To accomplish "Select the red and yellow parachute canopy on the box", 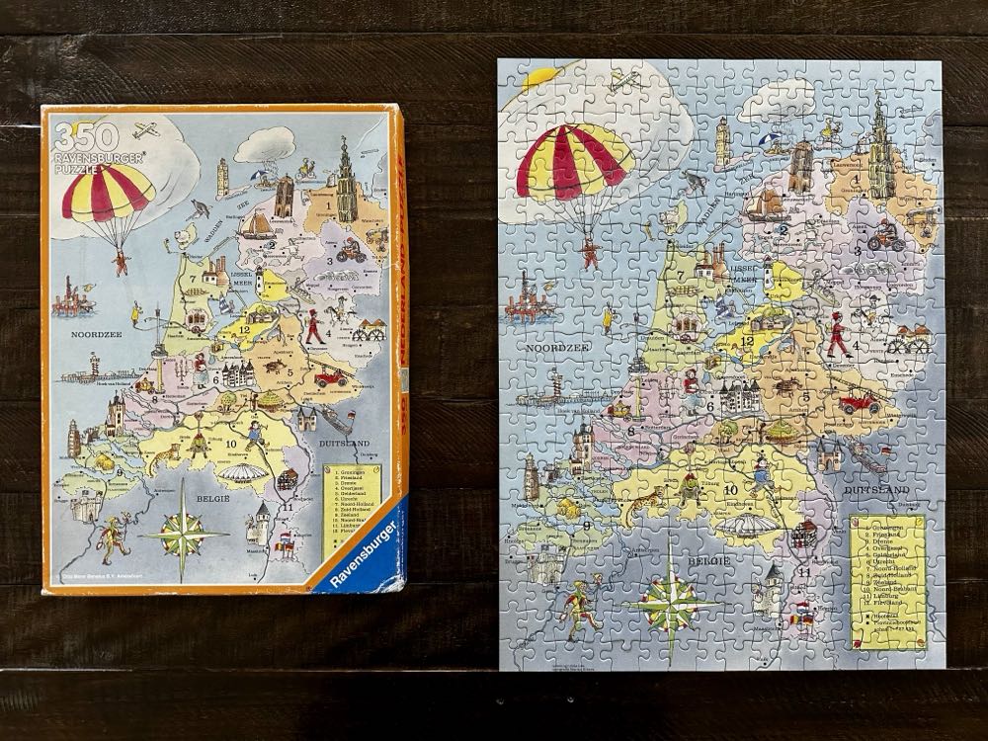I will click(x=108, y=192).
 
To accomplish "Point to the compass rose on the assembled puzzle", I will click(x=679, y=597).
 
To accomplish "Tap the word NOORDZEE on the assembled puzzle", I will click(x=559, y=349).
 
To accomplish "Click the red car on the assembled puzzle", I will click(x=859, y=402).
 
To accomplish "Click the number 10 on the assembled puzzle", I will click(x=731, y=488).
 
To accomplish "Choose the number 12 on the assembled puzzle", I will click(x=749, y=341).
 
